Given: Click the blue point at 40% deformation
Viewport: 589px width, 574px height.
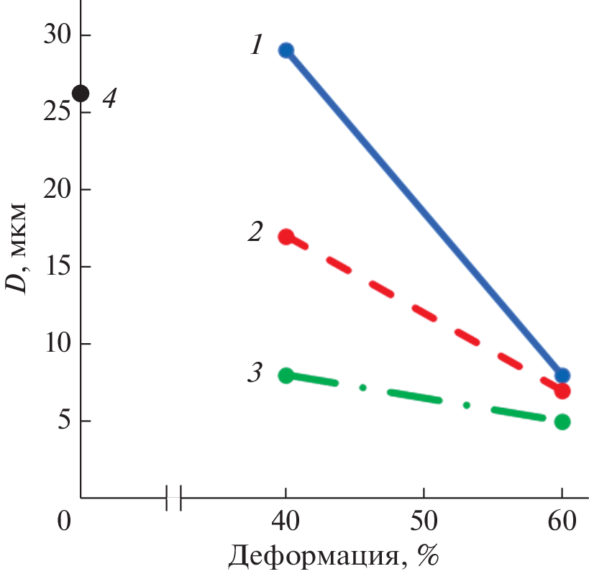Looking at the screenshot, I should pyautogui.click(x=286, y=50).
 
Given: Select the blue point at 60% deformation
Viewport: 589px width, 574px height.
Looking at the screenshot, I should pyautogui.click(x=562, y=375).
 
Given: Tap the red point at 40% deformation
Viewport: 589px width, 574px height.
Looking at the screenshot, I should pyautogui.click(x=286, y=237).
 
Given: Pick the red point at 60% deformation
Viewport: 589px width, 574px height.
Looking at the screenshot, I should pyautogui.click(x=562, y=391).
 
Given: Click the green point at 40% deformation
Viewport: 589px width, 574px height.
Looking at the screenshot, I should pyautogui.click(x=286, y=375).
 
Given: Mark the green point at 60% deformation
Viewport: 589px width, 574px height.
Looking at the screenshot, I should pyautogui.click(x=562, y=422).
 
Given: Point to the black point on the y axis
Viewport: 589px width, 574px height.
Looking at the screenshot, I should pyautogui.click(x=81, y=94).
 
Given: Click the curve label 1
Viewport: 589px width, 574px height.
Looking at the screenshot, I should pyautogui.click(x=257, y=47).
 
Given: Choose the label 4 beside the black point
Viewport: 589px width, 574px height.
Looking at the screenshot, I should pyautogui.click(x=109, y=98).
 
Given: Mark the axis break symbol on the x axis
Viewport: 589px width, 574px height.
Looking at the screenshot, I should pyautogui.click(x=173, y=497).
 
